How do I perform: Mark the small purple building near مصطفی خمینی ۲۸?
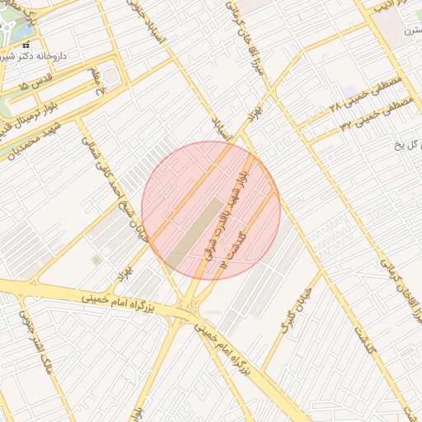[x=351, y=90]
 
